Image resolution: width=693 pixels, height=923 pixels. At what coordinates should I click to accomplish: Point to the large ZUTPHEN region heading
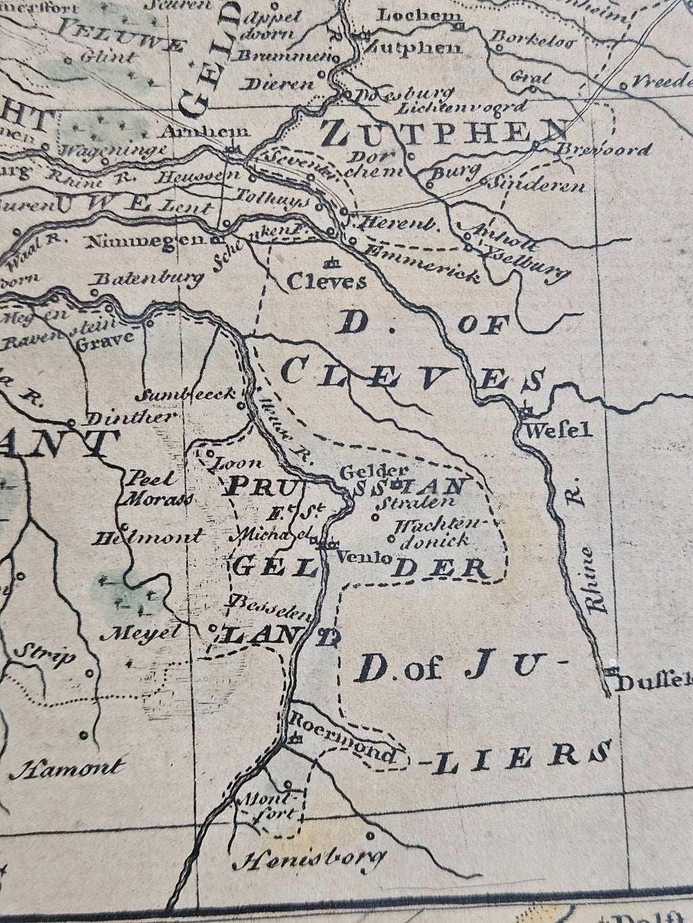pos(443,134)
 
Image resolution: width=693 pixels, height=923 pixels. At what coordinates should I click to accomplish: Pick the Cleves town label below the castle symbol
pos(327,281)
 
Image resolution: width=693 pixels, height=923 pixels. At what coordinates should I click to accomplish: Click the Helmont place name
pos(149,538)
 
